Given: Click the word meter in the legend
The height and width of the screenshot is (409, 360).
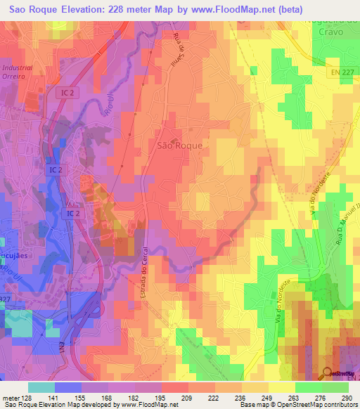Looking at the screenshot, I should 10,397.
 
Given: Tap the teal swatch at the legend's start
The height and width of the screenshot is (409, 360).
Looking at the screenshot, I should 41,387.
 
